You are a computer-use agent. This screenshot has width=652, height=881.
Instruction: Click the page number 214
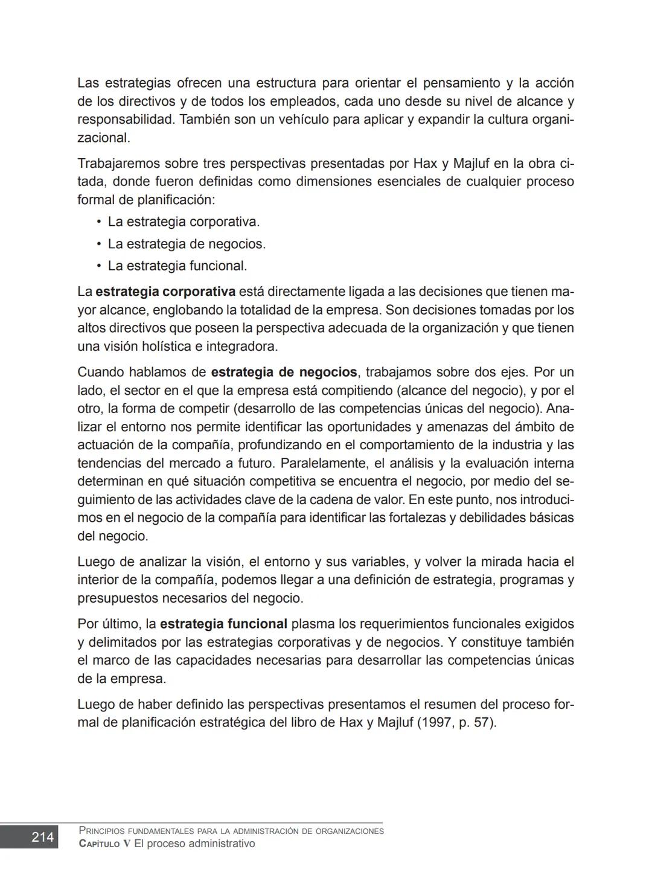pyautogui.click(x=42, y=837)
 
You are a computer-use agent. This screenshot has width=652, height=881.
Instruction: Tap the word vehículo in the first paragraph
pyautogui.click(x=288, y=120)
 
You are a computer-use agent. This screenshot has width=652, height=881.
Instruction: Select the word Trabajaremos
pyautogui.click(x=118, y=164)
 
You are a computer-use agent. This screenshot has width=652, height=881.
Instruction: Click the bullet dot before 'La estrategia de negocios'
pyautogui.click(x=98, y=244)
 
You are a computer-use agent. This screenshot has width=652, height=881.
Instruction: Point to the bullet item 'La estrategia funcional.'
pyautogui.click(x=177, y=266)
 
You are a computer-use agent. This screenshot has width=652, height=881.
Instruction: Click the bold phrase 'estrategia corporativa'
pyautogui.click(x=165, y=292)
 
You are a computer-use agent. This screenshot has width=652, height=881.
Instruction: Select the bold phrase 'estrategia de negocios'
pyautogui.click(x=284, y=372)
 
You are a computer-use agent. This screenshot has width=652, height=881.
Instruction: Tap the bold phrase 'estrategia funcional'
pyautogui.click(x=223, y=624)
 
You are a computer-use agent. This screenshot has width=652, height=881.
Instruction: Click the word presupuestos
pyautogui.click(x=117, y=598)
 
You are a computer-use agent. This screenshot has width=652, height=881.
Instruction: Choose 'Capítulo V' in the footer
pyautogui.click(x=104, y=844)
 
